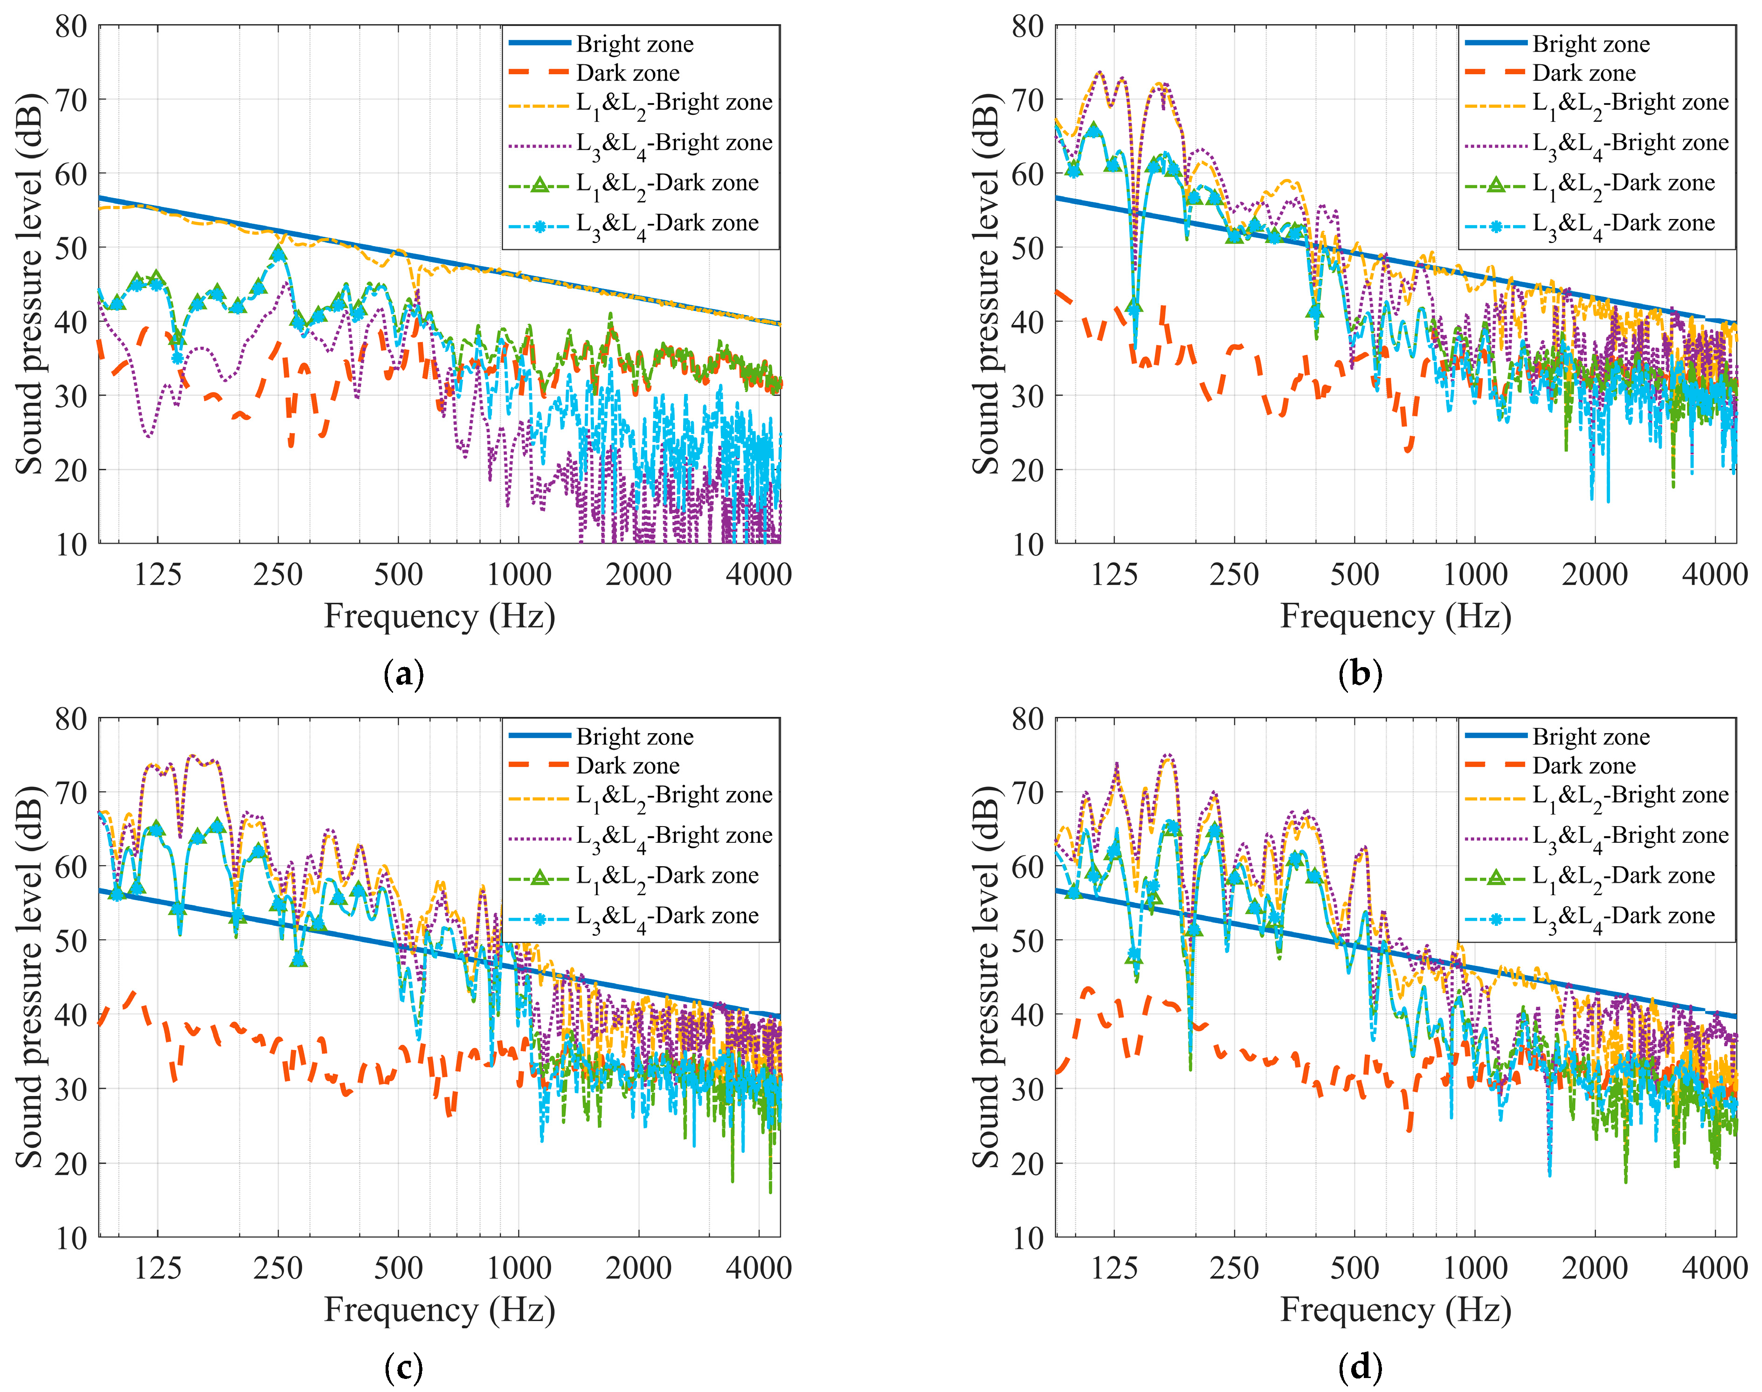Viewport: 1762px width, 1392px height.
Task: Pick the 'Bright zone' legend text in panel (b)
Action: [x=1591, y=44]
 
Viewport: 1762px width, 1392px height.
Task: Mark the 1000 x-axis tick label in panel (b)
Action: [x=1475, y=575]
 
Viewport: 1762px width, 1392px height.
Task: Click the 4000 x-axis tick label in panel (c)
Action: [x=759, y=1268]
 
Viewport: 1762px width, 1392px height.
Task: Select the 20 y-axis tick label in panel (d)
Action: [x=1028, y=1163]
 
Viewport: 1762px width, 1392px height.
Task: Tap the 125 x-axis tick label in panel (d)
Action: [x=1114, y=1268]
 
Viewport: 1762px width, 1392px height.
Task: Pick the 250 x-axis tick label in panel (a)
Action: [x=278, y=575]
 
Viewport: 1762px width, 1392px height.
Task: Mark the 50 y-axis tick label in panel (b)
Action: [x=1028, y=248]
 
